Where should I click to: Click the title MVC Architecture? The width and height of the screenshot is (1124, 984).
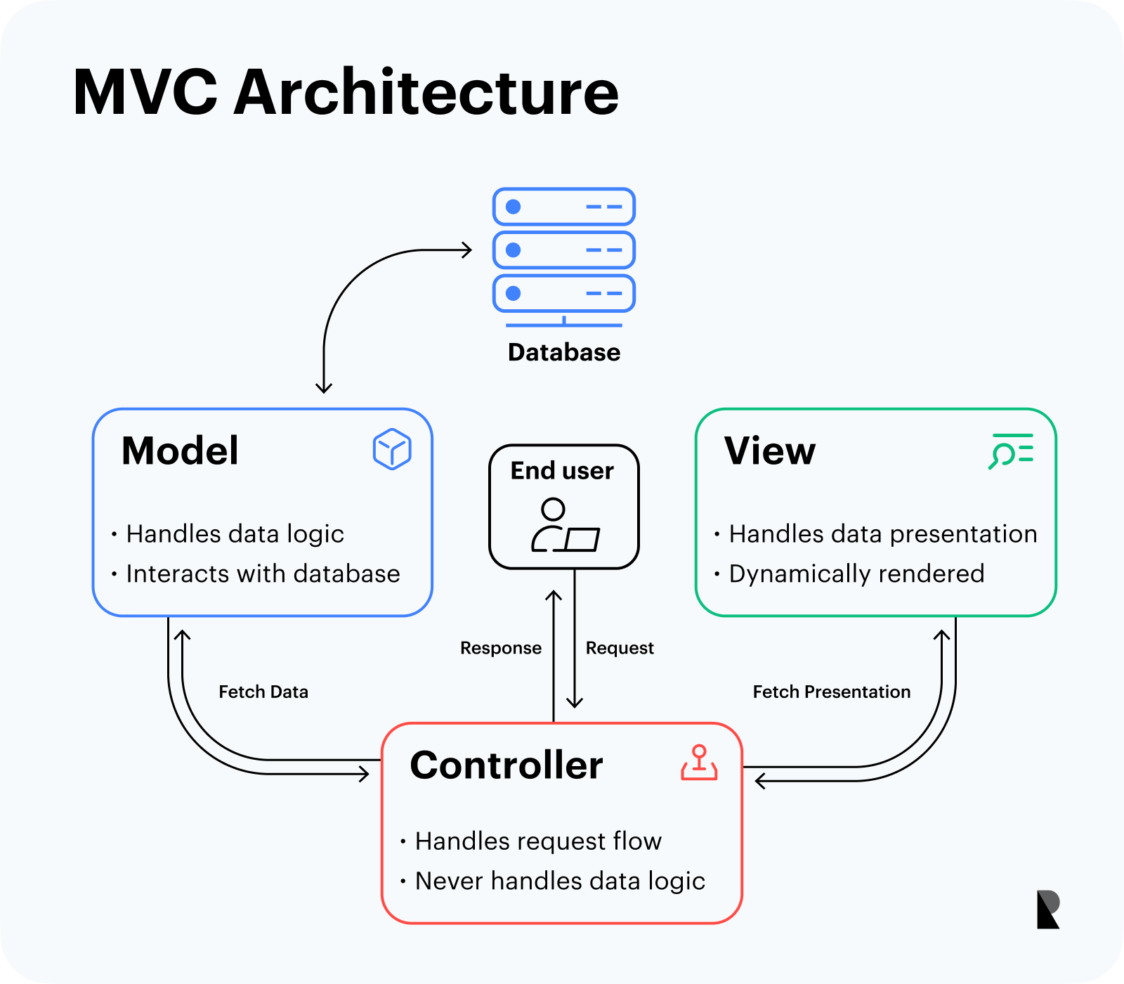[x=346, y=92]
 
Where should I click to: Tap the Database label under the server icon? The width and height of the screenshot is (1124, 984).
[x=564, y=352]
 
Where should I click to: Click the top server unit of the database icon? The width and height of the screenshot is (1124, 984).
[x=564, y=207]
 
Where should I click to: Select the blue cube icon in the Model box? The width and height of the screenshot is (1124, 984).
[x=392, y=449]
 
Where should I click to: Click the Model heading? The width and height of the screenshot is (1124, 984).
[x=180, y=451]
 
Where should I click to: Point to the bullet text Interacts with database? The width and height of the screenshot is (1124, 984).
[x=263, y=574]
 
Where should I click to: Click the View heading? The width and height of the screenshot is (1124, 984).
[x=770, y=451]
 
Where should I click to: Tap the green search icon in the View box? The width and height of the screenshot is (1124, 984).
[x=1011, y=451]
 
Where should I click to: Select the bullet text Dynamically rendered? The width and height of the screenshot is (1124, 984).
[x=856, y=574]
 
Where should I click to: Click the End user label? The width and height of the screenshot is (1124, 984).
[x=562, y=470]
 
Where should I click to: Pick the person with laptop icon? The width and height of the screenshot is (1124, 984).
[x=565, y=525]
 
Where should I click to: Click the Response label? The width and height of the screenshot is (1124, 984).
[x=501, y=648]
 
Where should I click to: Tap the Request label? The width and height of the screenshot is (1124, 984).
[x=620, y=648]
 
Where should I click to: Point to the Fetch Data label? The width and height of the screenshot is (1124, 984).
[x=263, y=692]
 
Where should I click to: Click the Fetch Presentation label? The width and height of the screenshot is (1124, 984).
[x=832, y=692]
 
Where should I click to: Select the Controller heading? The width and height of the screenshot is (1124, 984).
[x=507, y=765]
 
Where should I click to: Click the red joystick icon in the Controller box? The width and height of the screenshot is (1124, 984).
[x=699, y=763]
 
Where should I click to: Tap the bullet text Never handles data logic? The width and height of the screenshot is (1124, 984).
[x=560, y=881]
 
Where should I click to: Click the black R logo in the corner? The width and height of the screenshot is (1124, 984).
[x=1048, y=909]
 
